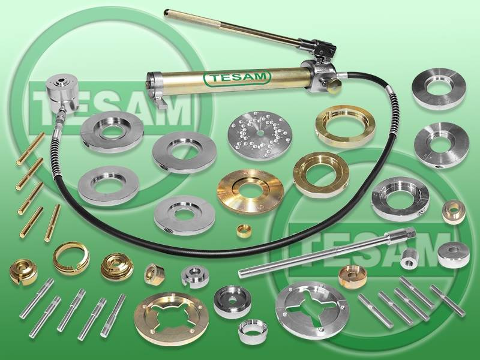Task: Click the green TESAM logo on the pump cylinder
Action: coord(237,78)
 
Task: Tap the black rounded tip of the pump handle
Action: coord(166,13)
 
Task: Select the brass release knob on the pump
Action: coord(334,84)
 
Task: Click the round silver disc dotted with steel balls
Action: coord(260,135)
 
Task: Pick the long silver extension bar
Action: coord(327,253)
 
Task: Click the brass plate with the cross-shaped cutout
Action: coord(172,319)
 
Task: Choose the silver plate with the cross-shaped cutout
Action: coord(312,310)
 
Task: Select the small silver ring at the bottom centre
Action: coord(253,332)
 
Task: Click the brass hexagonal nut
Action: coord(155,274)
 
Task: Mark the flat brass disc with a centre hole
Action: coord(250,191)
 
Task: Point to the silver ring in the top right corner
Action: coord(439,88)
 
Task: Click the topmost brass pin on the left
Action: coord(31,149)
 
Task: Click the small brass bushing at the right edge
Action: coord(454,212)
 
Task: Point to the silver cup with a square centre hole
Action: coord(232,302)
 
